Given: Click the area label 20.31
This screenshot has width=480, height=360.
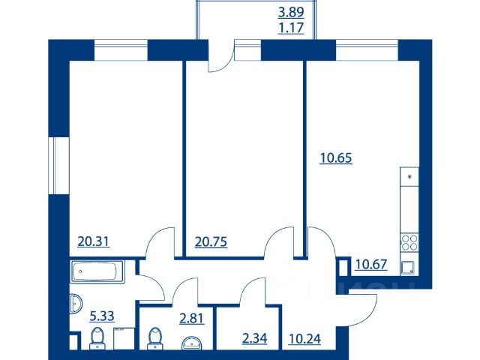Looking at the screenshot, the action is click(93, 241).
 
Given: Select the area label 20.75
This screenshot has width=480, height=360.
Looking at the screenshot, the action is click(211, 241).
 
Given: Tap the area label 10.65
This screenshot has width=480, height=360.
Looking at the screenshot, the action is click(336, 158).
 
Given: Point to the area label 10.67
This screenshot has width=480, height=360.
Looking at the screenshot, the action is click(371, 264).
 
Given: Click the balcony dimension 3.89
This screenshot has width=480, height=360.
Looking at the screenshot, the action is click(291, 12).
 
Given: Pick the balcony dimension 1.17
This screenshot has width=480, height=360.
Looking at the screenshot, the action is click(291, 28).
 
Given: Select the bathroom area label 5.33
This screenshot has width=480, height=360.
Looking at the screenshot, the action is click(102, 316).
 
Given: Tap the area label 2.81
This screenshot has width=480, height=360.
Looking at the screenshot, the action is click(192, 318).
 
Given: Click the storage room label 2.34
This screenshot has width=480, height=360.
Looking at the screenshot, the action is click(254, 338).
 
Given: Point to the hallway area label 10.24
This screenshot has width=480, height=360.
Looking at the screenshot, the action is click(304, 338).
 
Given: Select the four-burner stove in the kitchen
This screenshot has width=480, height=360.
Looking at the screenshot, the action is click(409, 242).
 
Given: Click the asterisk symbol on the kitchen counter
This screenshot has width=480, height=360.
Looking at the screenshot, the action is click(410, 177).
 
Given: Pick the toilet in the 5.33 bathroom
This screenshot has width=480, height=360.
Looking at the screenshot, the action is click(98, 338).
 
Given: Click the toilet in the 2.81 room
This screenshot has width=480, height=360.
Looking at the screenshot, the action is click(155, 338).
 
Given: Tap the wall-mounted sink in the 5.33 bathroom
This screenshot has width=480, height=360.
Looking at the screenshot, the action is click(76, 304).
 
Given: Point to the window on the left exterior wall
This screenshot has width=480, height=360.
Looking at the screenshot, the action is click(59, 166).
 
